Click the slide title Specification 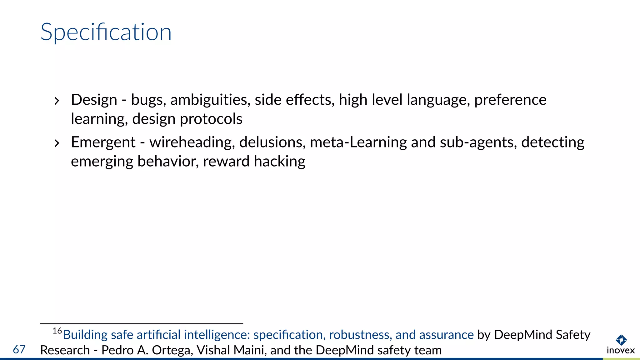106,32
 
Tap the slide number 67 19,349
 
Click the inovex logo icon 621,340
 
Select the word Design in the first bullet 94,100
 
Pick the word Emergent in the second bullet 103,142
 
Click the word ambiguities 210,100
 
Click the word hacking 279,162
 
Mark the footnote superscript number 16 57,331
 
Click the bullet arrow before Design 57,101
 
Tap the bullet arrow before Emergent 57,143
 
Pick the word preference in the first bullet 510,100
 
